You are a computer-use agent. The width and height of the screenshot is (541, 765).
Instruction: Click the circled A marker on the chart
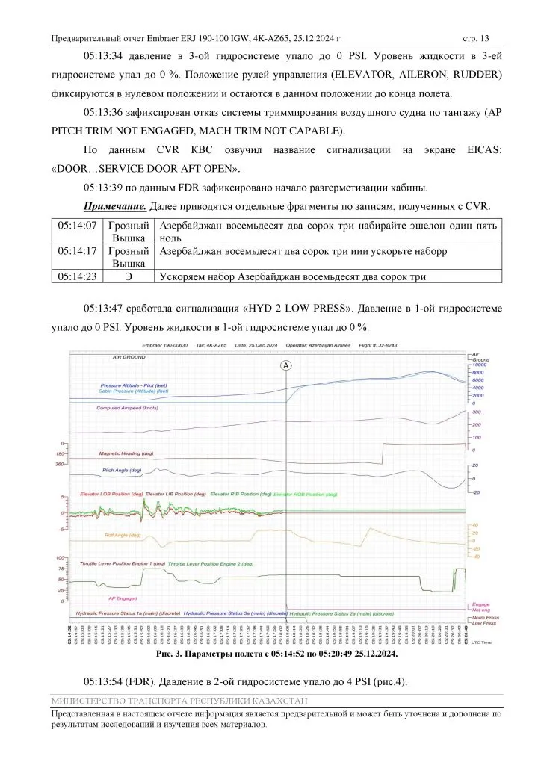click(287, 365)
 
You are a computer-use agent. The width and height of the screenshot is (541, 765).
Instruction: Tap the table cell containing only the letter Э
click(130, 276)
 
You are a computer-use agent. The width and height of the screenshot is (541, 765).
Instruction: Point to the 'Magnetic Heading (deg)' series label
click(126, 453)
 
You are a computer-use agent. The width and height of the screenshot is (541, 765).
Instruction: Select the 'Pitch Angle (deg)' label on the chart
click(122, 471)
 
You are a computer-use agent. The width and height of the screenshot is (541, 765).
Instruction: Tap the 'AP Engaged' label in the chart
click(123, 598)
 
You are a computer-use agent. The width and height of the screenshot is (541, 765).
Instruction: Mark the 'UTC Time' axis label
click(483, 642)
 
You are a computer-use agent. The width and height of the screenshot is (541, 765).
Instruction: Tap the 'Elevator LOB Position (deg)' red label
click(111, 495)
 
